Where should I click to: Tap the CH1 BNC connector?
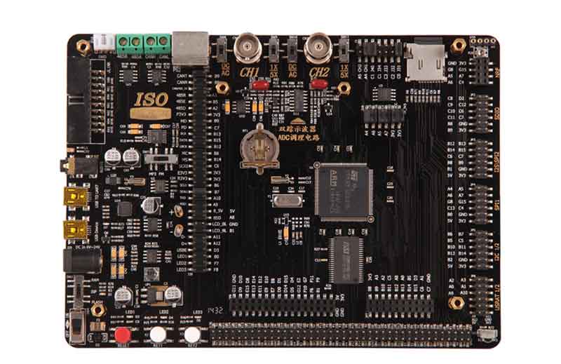click(x=246, y=47)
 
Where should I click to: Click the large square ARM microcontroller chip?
click(x=344, y=187)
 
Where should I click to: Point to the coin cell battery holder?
click(x=255, y=146)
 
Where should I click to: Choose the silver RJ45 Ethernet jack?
click(x=190, y=48)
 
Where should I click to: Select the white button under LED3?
click(x=192, y=335)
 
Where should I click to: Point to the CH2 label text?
click(x=318, y=72)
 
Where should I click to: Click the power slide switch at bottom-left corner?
click(x=79, y=327)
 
